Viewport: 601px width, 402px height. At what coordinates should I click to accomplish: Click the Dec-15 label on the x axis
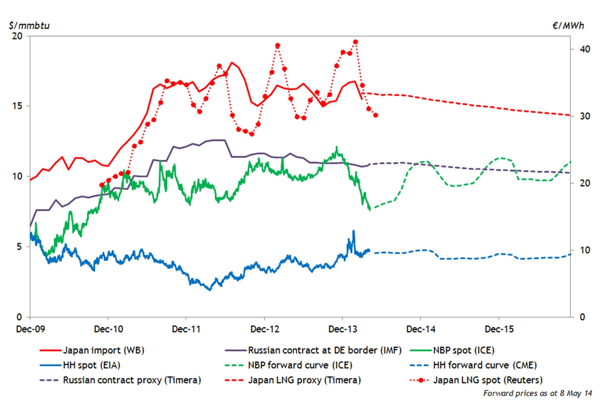[x=499, y=329]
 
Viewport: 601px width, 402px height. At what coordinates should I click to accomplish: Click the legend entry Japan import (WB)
[x=104, y=350]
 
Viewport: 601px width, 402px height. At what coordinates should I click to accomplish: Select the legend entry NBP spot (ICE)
[x=464, y=350]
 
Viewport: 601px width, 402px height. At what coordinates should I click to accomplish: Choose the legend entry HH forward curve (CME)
[x=485, y=365]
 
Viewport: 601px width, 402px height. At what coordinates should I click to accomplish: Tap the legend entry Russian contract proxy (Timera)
[x=132, y=380]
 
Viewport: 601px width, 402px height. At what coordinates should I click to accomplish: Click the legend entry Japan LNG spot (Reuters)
[x=488, y=380]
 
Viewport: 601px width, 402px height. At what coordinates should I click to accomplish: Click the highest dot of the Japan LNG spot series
[x=355, y=42]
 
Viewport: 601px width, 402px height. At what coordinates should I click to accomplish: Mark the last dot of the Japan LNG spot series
[x=376, y=115]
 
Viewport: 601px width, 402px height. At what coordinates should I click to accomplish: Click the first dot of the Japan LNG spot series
[x=101, y=185]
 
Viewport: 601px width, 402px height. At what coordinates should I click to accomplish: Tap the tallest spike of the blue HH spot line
[x=353, y=231]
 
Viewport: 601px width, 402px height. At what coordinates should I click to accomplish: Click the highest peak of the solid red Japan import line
[x=231, y=62]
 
